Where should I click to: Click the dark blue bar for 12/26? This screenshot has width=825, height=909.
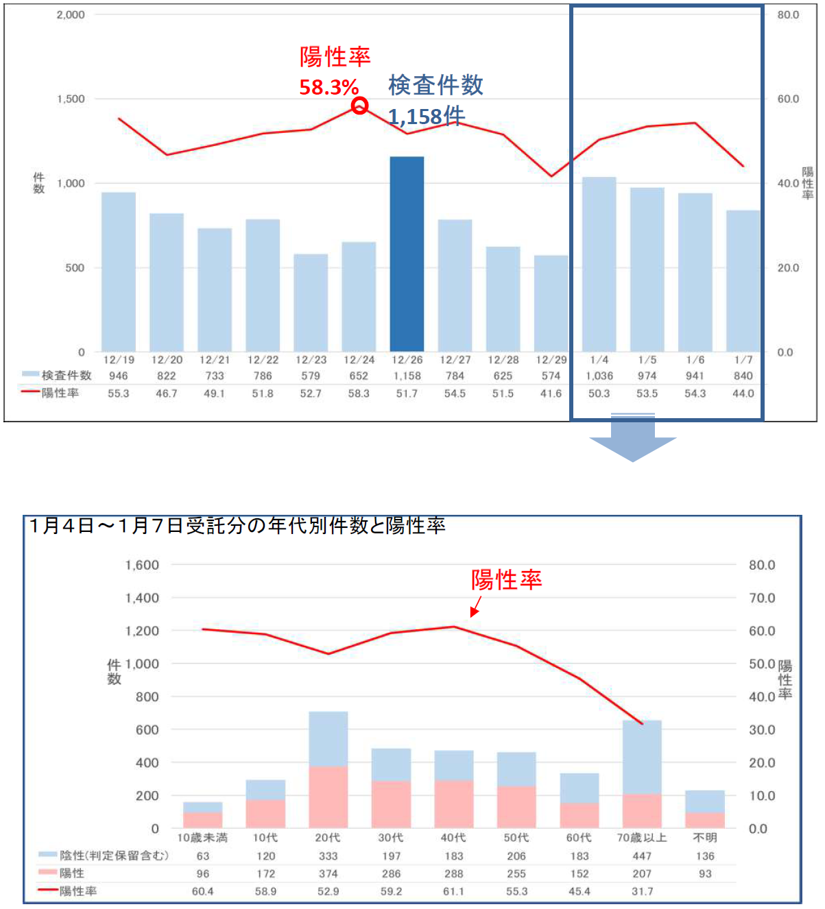[x=407, y=254]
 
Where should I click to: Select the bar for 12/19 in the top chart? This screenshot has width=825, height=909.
[x=119, y=271]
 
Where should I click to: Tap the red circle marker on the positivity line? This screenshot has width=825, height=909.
[x=359, y=106]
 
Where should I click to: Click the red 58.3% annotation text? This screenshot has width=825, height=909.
[x=328, y=87]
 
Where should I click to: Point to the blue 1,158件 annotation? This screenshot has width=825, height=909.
[x=427, y=117]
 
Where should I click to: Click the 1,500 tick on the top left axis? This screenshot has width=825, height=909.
[x=71, y=99]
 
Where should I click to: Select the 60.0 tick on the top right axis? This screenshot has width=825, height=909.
[x=788, y=99]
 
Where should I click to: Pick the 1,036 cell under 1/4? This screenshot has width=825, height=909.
[x=599, y=376]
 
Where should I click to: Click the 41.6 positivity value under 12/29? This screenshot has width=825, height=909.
[x=551, y=393]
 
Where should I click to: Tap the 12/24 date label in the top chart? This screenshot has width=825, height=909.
[x=359, y=359]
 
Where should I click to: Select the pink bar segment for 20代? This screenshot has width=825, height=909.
[x=328, y=797]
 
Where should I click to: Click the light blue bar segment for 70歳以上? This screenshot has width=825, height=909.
[x=642, y=757]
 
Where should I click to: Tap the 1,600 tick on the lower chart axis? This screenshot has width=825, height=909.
[x=142, y=565]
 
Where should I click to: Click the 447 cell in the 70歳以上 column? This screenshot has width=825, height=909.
[x=642, y=856]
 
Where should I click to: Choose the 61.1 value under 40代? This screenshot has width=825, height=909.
[x=454, y=891]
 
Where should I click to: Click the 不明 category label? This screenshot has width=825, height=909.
[x=704, y=838]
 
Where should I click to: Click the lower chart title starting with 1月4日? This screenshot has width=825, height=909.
[x=237, y=526]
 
